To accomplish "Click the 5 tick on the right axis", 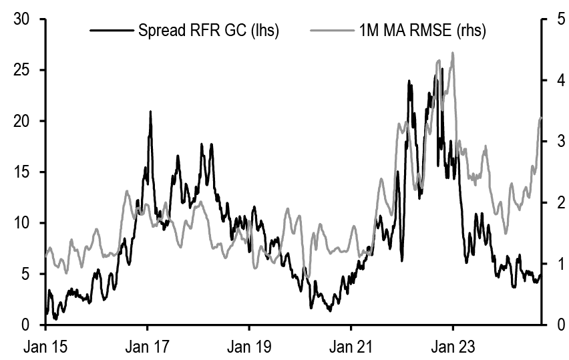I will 554,19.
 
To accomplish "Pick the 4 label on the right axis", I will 554,80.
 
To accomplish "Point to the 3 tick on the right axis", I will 554,141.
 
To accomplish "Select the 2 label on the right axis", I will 554,202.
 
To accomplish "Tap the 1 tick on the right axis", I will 554,264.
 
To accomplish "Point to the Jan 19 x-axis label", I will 249,347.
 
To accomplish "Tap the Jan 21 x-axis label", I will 351,347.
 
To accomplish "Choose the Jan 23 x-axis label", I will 453,347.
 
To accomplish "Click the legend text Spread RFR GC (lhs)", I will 208,30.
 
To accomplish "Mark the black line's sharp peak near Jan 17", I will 150,112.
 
